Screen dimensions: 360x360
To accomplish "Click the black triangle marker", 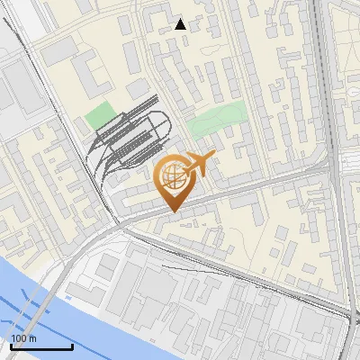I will pos(181,24).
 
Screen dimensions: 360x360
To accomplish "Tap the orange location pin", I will pos(175,180).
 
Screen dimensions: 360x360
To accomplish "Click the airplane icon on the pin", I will pos(199,164).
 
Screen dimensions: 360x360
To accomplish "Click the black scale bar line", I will pos(41,347).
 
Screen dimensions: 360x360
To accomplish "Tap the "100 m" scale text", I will pos(24,338).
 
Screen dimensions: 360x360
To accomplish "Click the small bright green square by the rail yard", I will pos(100,116).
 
